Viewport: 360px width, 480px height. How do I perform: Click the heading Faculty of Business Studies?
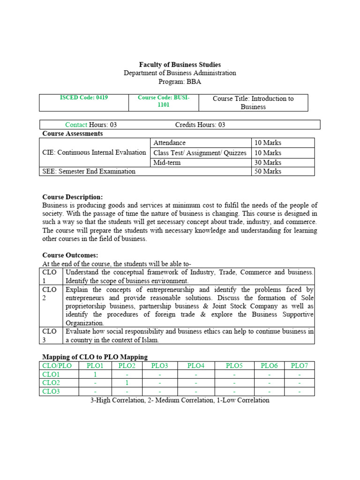click(180, 65)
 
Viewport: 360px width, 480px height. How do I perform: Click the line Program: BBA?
click(180, 82)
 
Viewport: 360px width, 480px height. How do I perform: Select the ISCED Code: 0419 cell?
click(84, 98)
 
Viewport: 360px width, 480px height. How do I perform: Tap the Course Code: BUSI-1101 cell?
click(163, 101)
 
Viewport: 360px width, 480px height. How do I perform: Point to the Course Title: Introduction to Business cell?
click(253, 102)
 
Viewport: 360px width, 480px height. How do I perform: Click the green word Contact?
click(76, 125)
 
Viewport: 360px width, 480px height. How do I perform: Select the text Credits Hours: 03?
click(200, 125)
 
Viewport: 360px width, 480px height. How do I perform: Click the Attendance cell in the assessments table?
click(170, 142)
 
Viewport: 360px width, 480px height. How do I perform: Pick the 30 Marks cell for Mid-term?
click(268, 162)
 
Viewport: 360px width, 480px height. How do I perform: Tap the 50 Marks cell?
click(268, 171)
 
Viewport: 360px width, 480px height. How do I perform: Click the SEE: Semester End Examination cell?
click(89, 171)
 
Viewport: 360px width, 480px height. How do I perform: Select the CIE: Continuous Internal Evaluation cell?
click(94, 152)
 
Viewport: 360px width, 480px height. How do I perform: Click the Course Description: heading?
click(72, 197)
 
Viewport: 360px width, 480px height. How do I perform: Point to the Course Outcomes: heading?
click(70, 255)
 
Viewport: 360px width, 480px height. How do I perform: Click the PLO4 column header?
click(196, 366)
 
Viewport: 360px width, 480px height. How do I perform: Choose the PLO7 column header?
click(299, 366)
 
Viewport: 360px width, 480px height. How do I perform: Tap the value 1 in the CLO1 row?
click(95, 375)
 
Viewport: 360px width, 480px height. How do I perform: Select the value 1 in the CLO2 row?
click(127, 383)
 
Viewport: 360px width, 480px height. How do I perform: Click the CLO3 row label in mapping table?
click(51, 391)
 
